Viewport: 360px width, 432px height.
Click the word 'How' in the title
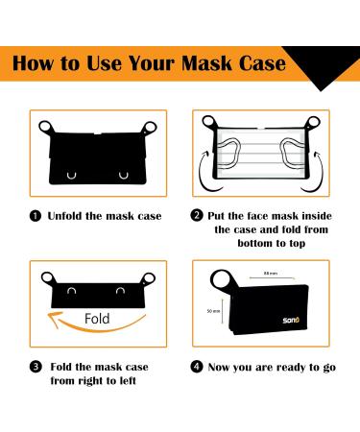(47, 65)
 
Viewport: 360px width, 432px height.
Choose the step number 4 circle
(197, 366)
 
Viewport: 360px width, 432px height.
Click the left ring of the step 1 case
(45, 128)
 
